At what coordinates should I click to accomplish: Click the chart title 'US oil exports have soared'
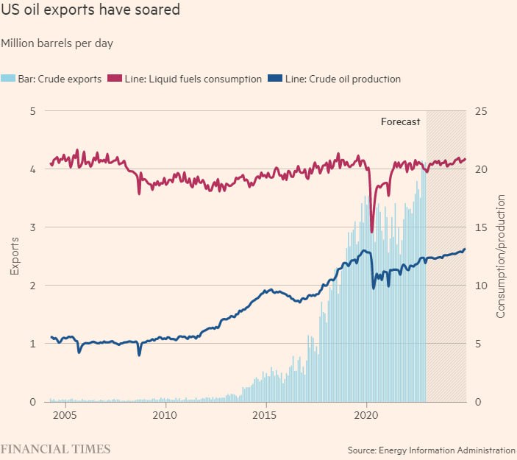90,11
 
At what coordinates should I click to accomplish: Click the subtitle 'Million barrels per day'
57,43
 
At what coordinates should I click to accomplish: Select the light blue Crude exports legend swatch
8,79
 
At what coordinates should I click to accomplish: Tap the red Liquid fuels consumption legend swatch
115,79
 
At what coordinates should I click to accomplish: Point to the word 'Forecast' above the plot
400,122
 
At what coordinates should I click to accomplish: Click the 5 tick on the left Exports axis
32,111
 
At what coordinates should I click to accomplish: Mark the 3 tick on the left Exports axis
32,227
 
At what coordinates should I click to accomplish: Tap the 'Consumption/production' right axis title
501,256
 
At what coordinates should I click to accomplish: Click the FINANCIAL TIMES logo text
55,448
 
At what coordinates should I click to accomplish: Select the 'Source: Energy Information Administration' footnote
432,450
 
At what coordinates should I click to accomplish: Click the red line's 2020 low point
372,232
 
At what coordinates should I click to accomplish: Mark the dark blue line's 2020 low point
374,288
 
